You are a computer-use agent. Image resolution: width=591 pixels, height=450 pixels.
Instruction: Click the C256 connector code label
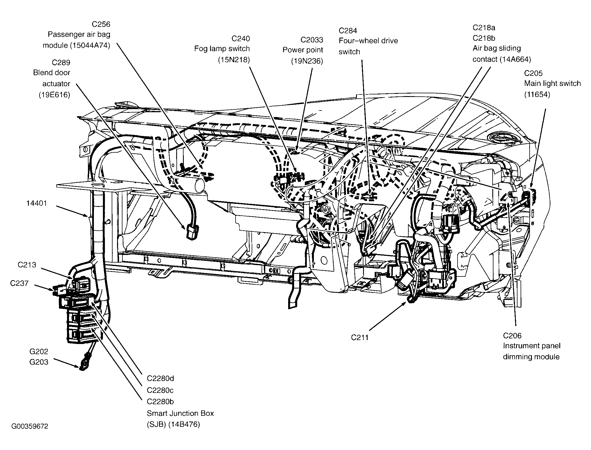point(101,24)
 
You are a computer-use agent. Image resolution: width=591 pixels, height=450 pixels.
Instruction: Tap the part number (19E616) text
point(55,95)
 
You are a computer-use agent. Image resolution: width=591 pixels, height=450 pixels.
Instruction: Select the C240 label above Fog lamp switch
point(241,38)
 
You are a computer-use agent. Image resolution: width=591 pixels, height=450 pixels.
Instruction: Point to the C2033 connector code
point(312,40)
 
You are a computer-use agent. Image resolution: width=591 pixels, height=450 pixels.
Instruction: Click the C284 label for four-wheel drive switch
point(348,31)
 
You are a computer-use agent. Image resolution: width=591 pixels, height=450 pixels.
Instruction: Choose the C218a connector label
point(484,28)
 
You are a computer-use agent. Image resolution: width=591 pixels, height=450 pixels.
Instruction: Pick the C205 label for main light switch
point(533,73)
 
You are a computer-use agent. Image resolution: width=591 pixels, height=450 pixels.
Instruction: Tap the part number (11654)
point(537,94)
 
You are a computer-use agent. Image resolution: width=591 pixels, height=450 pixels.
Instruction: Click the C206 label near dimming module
point(512,336)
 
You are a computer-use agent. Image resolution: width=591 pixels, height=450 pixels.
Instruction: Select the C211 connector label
point(360,337)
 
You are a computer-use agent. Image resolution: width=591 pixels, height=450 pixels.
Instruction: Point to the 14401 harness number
point(36,203)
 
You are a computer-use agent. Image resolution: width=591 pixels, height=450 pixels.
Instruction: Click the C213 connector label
point(27,265)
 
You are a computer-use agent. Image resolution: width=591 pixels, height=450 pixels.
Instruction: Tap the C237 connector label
point(19,283)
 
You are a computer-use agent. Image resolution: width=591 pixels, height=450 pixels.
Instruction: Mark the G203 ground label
point(39,362)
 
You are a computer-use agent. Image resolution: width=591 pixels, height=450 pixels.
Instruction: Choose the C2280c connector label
point(160,390)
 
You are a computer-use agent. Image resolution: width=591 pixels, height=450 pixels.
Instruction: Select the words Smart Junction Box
point(180,413)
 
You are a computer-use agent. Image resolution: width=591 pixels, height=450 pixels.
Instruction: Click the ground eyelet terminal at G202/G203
point(83,365)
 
